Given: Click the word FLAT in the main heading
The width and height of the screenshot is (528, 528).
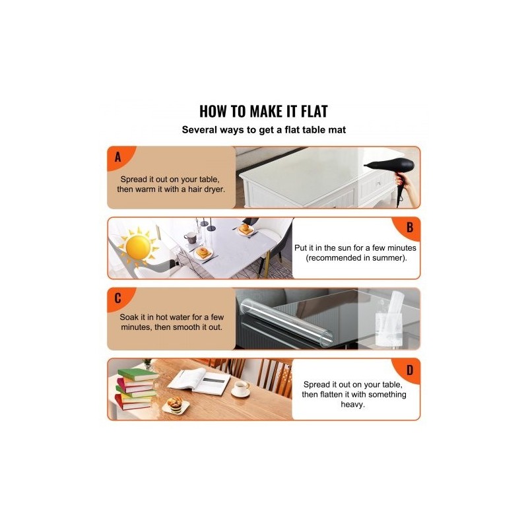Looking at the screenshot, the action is point(314,112).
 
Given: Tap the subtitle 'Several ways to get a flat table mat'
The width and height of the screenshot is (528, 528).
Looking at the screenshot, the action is point(263,130).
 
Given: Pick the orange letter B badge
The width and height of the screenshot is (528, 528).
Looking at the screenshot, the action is point(408,228).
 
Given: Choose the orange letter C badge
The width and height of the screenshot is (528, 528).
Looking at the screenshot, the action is point(119,298).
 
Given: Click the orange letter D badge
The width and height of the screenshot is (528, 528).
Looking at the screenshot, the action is point(408,370).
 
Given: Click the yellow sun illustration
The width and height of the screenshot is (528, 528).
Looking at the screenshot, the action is point(137,246).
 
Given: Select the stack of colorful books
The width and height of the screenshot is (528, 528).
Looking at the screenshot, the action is point(136,389).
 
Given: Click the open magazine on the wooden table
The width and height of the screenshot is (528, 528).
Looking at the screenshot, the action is point(199,381).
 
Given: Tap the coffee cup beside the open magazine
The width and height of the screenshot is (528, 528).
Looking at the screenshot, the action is point(241,389).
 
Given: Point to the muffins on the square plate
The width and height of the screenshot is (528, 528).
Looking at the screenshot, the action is point(175,404).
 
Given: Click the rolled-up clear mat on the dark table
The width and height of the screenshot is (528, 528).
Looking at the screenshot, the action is point(286,322).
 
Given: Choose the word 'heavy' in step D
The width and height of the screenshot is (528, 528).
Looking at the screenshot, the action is point(352,405).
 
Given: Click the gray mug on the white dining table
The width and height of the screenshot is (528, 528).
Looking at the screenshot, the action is point(190,238).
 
